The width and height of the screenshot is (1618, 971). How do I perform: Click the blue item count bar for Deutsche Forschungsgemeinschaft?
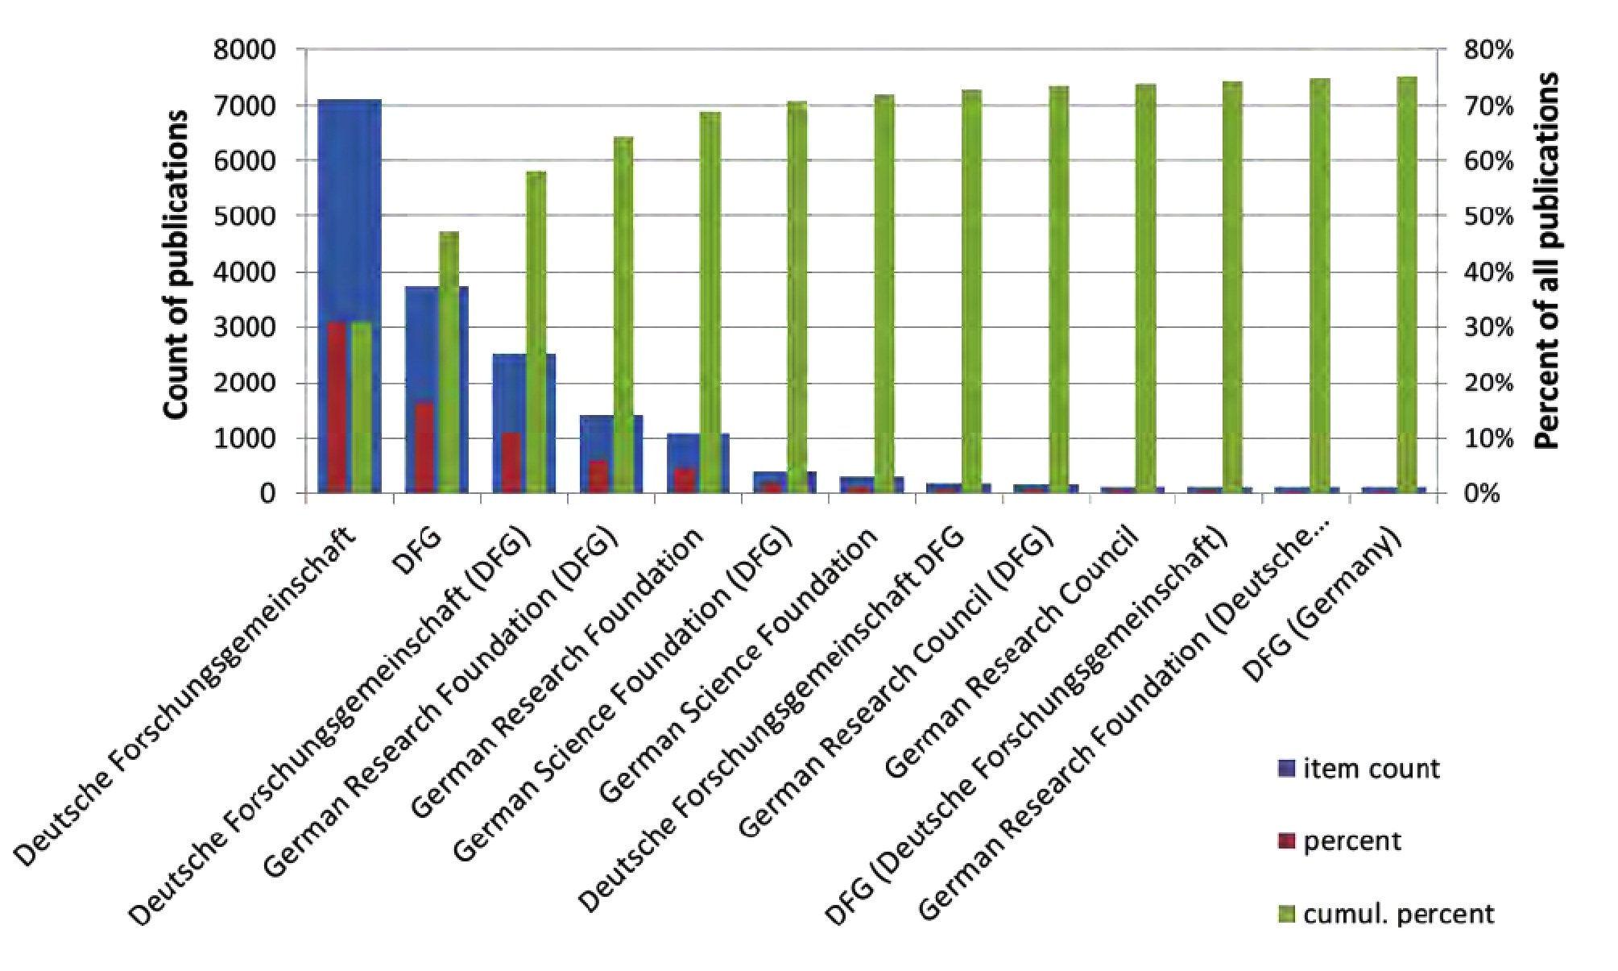point(349,210)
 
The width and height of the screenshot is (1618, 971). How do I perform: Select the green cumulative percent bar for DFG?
point(449,363)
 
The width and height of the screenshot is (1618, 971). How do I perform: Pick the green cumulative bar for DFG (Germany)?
point(1407,282)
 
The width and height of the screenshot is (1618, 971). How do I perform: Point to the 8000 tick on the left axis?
point(244,50)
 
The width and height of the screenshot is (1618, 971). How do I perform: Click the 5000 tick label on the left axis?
point(244,216)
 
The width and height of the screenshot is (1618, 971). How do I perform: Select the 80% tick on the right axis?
point(1488,50)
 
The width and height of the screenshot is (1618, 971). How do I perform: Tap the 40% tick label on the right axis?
point(1488,272)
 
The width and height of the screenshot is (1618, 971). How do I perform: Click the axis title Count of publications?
point(176,264)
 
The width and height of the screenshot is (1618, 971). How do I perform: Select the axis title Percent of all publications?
point(1547,259)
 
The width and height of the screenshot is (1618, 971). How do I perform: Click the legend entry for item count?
point(1370,769)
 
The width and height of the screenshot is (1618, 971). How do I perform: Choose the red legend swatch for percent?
point(1286,841)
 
